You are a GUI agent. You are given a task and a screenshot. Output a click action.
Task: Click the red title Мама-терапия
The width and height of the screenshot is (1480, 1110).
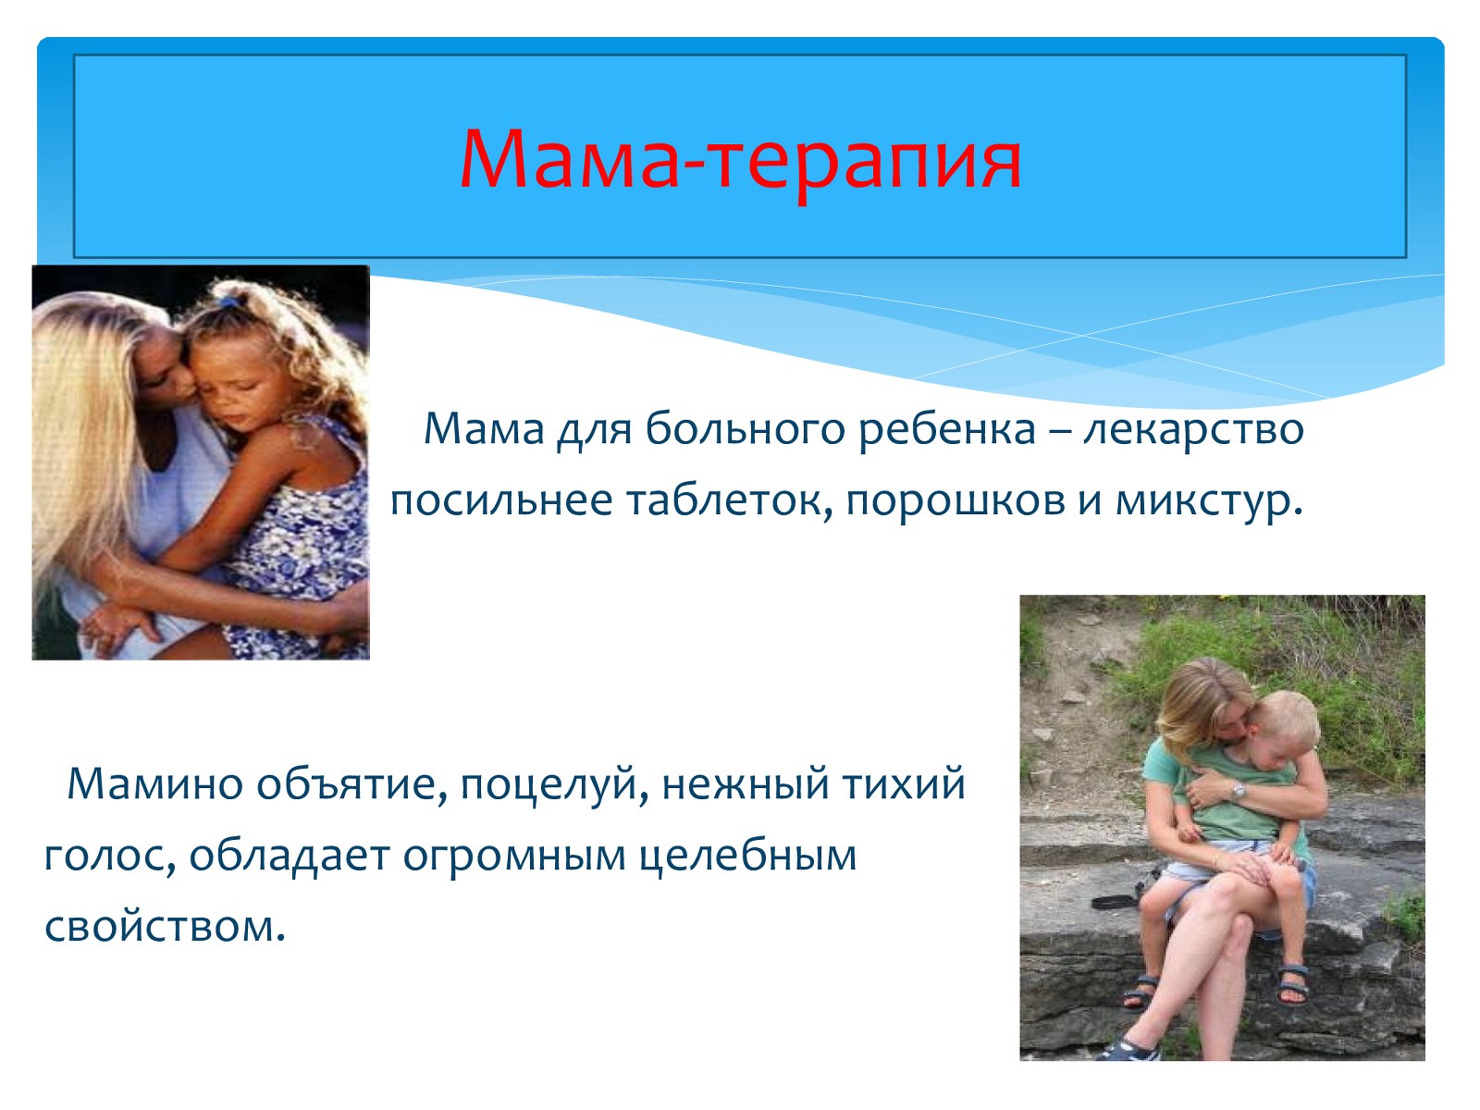coord(740,160)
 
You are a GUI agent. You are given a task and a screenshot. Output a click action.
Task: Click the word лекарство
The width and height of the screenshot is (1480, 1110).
coord(1193,428)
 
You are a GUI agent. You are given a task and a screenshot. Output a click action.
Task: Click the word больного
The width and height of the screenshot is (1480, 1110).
coord(745,428)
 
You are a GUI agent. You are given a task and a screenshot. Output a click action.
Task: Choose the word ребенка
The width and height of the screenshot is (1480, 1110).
coord(947,428)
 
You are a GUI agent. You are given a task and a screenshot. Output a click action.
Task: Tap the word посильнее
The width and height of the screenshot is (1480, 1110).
coord(501,501)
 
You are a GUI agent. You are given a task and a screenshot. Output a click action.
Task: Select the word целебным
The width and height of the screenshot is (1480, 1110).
coord(747,856)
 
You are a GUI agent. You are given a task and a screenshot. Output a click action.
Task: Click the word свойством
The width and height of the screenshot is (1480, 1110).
coord(166,928)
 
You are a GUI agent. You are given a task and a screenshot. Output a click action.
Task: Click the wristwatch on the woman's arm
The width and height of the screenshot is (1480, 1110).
coord(1239,790)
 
